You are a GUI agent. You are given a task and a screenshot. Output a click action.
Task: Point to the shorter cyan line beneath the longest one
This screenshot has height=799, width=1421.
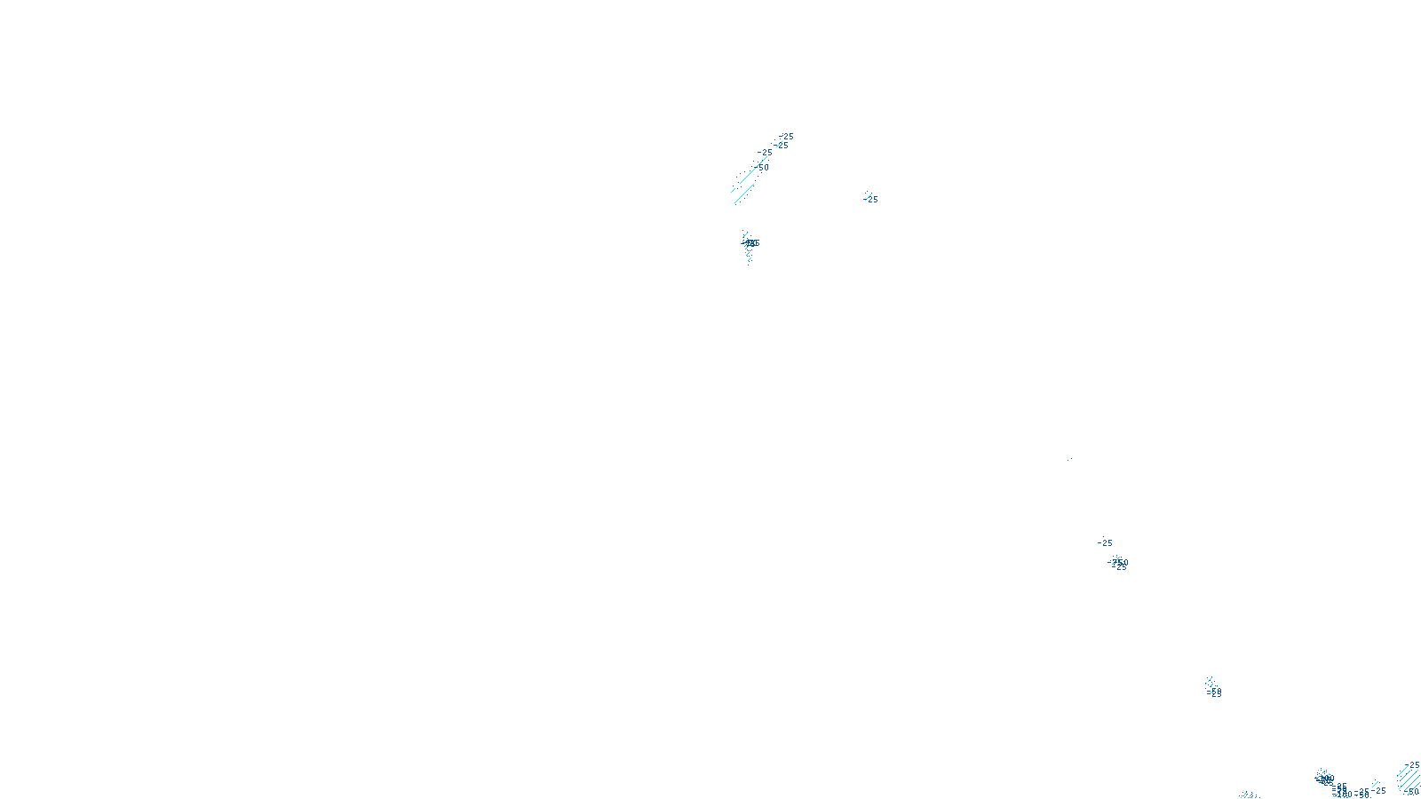[x=744, y=194]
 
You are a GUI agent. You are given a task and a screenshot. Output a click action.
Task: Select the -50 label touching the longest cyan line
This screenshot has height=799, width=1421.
[x=763, y=168]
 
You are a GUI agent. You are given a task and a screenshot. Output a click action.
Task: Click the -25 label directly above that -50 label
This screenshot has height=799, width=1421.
[x=766, y=153]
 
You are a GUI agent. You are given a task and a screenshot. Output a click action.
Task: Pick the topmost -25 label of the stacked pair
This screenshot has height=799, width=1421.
[x=787, y=137]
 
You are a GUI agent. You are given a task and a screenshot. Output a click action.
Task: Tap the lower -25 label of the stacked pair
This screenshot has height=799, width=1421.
[x=782, y=146]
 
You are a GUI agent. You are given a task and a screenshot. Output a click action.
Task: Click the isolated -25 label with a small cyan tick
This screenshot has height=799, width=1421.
[x=871, y=200]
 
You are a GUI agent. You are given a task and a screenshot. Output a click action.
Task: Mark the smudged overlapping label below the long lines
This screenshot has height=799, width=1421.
[x=751, y=243]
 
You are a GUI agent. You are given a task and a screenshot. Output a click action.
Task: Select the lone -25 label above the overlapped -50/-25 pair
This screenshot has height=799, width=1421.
[x=1105, y=543]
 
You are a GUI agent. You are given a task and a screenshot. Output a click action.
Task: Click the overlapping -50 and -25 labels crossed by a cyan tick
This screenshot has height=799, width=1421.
[x=1119, y=564]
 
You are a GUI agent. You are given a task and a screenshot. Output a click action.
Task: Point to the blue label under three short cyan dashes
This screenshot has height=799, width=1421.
[x=1214, y=692]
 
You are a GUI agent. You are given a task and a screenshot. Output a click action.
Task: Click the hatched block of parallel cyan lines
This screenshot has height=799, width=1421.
[x=1407, y=778]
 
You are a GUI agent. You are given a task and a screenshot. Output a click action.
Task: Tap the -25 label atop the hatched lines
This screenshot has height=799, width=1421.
[x=1414, y=765]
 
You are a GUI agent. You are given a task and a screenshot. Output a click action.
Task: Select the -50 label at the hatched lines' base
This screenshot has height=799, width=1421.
[x=1412, y=792]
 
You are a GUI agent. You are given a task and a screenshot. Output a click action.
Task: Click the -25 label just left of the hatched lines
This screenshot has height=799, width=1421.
[x=1378, y=790]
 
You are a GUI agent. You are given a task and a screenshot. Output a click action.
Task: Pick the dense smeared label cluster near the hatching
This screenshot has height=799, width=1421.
[x=1325, y=779]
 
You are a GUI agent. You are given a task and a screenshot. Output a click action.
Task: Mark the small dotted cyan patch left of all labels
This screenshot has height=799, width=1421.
[x=1249, y=795]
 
